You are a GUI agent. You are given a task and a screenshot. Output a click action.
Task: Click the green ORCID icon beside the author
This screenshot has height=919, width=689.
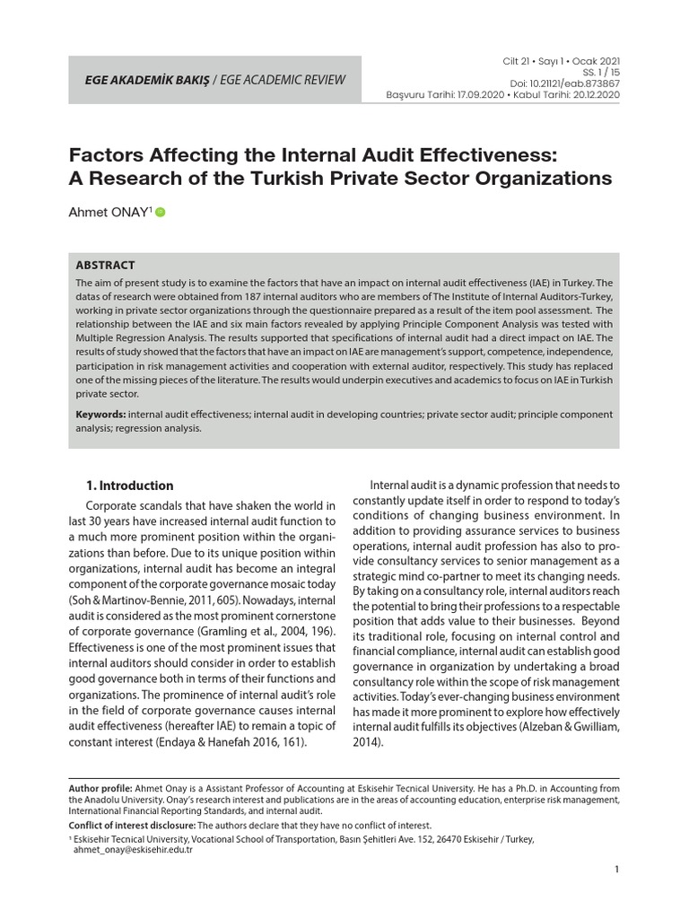coord(161,213)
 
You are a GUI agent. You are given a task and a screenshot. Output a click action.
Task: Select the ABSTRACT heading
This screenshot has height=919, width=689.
coord(105,266)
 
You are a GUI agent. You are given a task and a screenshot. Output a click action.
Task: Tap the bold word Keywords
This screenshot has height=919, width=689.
coord(100,415)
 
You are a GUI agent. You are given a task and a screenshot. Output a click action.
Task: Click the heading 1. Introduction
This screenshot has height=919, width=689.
coord(129,486)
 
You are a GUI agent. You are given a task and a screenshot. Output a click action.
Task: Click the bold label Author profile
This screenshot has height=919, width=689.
coord(100,788)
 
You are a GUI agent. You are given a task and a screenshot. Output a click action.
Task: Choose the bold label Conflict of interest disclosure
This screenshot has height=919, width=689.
coord(131,825)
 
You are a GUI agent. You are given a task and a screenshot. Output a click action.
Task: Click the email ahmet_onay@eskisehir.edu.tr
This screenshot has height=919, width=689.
coord(133,850)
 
